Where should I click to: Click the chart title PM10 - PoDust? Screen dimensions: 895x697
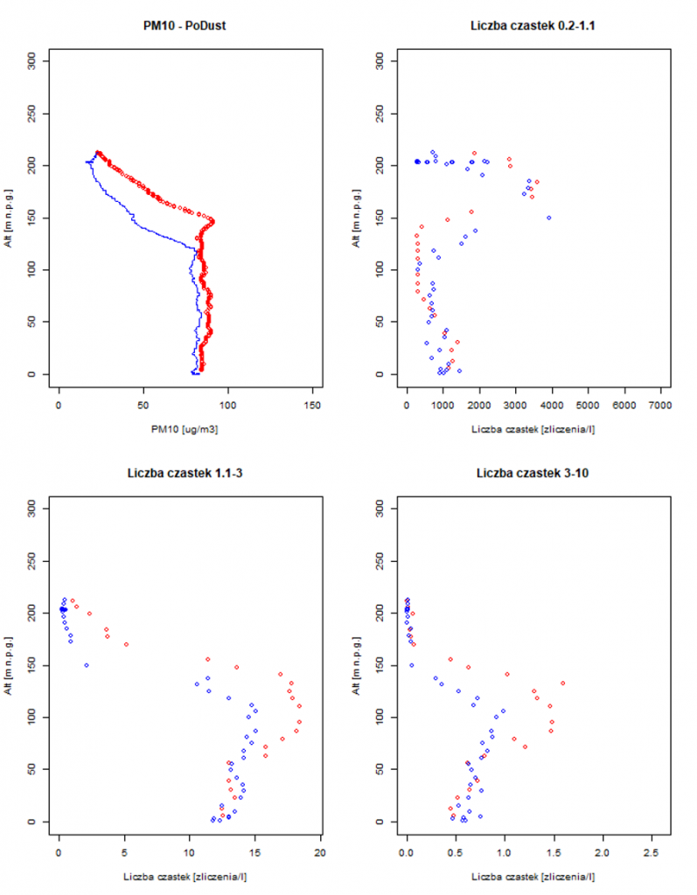pyautogui.click(x=185, y=25)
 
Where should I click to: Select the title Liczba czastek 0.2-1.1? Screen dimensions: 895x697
pyautogui.click(x=533, y=25)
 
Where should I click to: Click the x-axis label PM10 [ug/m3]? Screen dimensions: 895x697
pyautogui.click(x=185, y=429)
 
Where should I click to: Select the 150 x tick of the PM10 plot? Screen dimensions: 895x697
pyautogui.click(x=312, y=406)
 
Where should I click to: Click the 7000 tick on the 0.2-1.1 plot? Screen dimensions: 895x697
pyautogui.click(x=659, y=406)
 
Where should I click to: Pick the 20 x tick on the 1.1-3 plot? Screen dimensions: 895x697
pyautogui.click(x=321, y=853)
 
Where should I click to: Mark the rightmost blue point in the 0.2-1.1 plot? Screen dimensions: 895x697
pyautogui.click(x=549, y=218)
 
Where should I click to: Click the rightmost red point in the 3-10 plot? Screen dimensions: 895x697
pyautogui.click(x=563, y=683)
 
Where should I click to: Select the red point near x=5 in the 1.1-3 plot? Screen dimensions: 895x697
pyautogui.click(x=126, y=644)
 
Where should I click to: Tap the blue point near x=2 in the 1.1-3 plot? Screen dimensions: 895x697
pyautogui.click(x=87, y=665)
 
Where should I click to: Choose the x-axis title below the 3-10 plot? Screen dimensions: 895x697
pyautogui.click(x=533, y=877)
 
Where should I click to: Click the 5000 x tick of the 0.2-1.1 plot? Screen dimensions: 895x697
pyautogui.click(x=588, y=406)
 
